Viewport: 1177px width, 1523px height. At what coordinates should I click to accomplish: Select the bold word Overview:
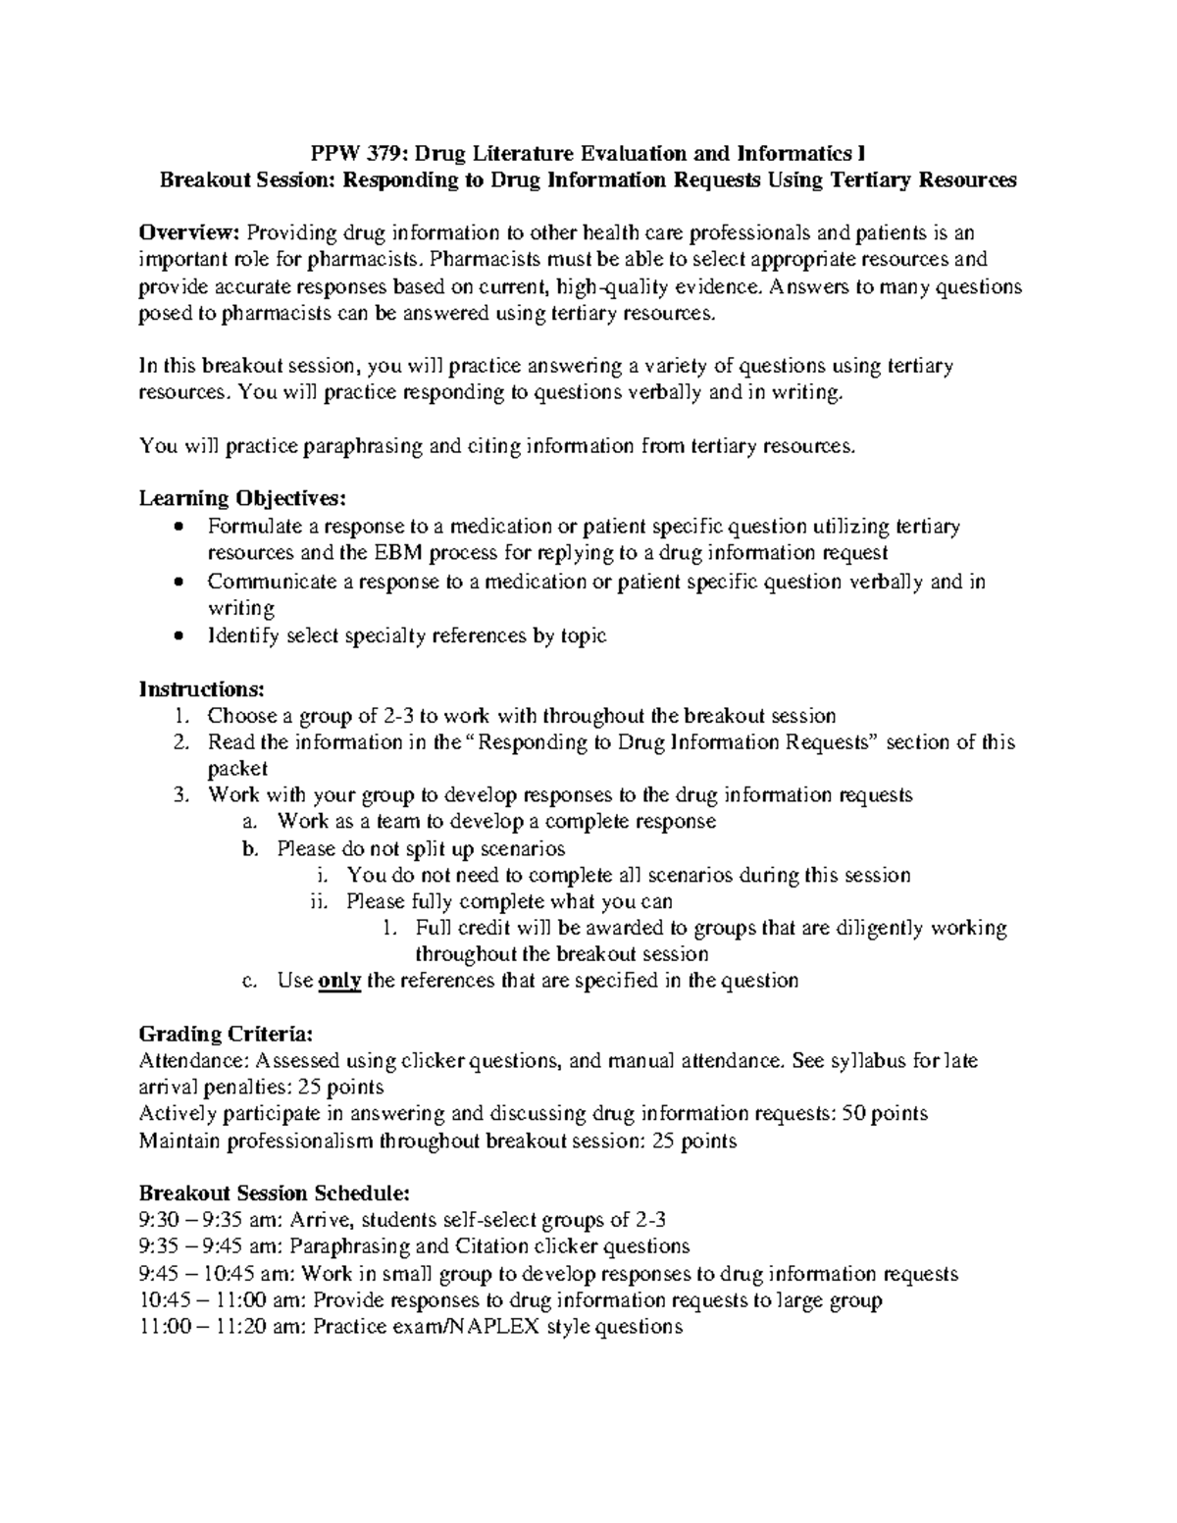click(x=189, y=232)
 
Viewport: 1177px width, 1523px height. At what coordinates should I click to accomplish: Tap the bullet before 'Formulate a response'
click(x=177, y=527)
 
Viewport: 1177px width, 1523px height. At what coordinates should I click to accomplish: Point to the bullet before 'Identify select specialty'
click(x=177, y=635)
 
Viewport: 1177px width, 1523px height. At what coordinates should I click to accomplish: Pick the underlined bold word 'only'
click(x=340, y=981)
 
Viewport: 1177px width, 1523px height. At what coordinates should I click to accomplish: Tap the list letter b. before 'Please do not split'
click(x=250, y=848)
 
